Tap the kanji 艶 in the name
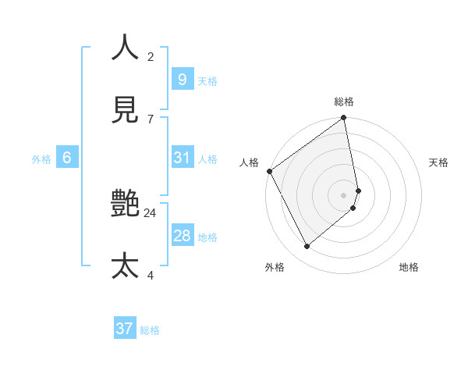coord(125,205)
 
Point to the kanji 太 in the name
coord(125,265)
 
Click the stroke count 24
coord(151,212)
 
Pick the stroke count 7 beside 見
coord(151,119)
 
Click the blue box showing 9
coord(182,79)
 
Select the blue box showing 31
coord(182,158)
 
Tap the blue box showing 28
coord(182,236)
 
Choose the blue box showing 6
coord(67,158)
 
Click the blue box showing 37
coord(125,329)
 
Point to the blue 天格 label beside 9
coord(207,80)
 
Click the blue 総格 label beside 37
coord(150,330)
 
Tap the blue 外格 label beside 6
coord(41,159)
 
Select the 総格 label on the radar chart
coord(344,102)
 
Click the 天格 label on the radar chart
coord(438,162)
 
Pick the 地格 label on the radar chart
coord(409,267)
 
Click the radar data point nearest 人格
coord(269,171)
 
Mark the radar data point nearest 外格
coord(307,246)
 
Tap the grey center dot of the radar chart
coord(344,194)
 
